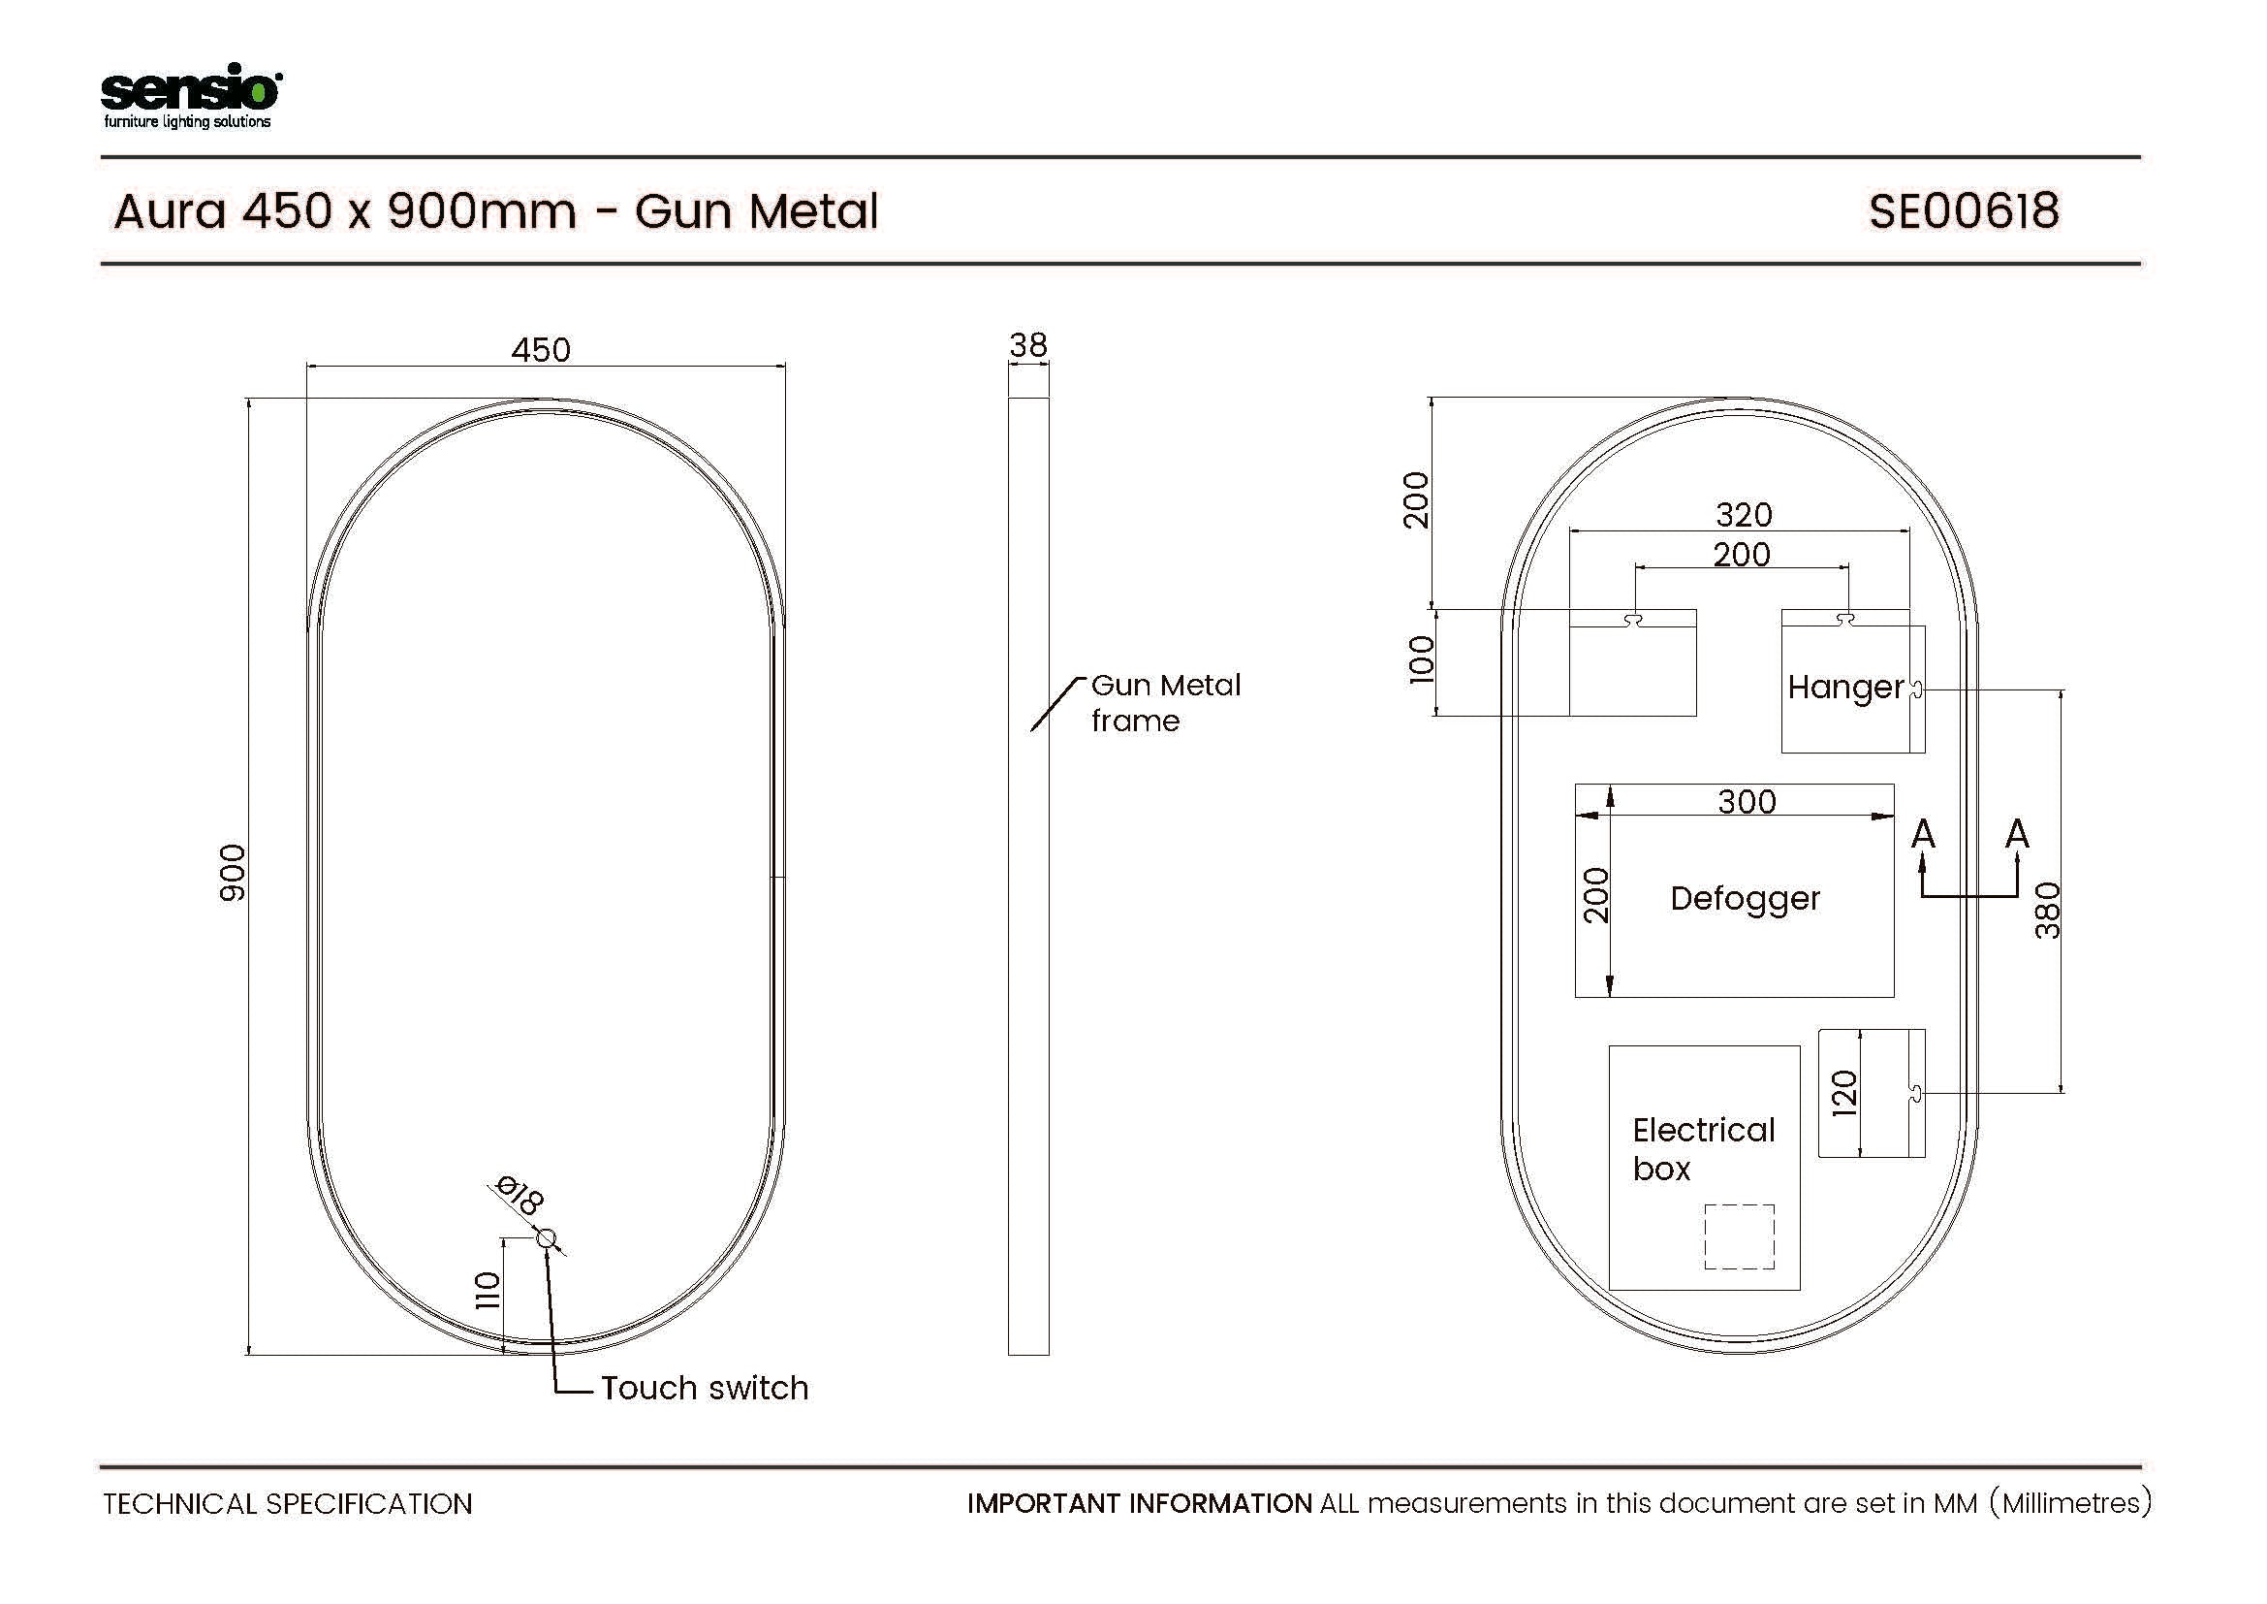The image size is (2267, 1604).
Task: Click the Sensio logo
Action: (191, 96)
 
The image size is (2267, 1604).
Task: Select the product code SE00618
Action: (1964, 211)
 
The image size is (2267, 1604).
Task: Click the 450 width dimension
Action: (541, 350)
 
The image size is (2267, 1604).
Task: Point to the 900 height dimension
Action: (232, 872)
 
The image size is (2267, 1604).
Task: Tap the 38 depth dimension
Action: (1027, 344)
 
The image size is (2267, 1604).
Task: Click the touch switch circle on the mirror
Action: (547, 1238)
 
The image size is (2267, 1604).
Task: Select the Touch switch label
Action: (705, 1388)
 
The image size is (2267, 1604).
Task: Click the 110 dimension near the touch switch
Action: (488, 1291)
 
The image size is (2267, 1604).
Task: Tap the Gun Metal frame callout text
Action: (1166, 702)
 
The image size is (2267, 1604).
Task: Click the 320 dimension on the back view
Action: (1744, 515)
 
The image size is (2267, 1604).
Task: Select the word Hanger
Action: (1845, 688)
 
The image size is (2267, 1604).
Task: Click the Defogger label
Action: (1746, 899)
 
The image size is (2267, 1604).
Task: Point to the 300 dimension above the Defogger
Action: (1747, 801)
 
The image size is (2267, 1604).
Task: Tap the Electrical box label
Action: (1703, 1148)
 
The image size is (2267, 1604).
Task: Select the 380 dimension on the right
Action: (2048, 910)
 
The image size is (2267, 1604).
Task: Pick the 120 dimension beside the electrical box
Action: (1844, 1093)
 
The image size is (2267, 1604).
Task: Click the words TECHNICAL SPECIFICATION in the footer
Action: (287, 1504)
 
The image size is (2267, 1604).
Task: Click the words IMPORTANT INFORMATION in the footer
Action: (1140, 1503)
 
